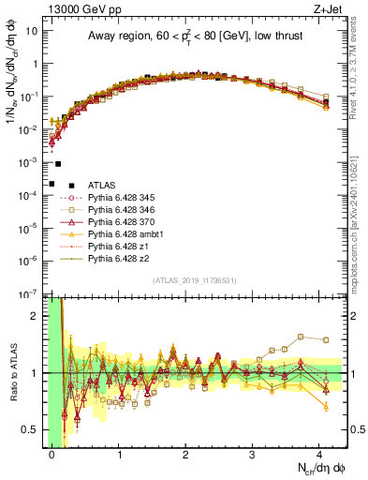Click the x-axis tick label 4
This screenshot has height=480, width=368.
tap(319, 454)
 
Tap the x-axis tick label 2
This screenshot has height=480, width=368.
tap(186, 454)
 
